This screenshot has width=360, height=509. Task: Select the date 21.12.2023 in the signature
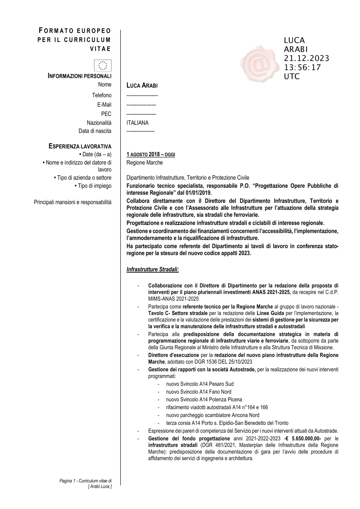[306, 58]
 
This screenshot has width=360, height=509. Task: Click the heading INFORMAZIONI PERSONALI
[80, 76]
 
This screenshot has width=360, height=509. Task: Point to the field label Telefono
[102, 95]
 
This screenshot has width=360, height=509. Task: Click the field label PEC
[106, 114]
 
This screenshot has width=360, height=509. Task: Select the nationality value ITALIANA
[138, 123]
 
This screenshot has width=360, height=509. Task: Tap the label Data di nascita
[95, 131]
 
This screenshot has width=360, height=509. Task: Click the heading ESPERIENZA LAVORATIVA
[80, 146]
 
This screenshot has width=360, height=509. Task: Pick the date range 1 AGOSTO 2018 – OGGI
[151, 155]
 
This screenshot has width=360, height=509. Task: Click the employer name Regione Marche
[145, 163]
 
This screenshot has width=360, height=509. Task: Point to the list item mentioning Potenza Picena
[204, 400]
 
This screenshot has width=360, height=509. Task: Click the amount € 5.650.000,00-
[303, 438]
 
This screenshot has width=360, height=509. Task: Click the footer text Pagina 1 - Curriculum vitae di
[86, 481]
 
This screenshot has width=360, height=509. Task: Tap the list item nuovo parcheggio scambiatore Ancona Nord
[213, 415]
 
